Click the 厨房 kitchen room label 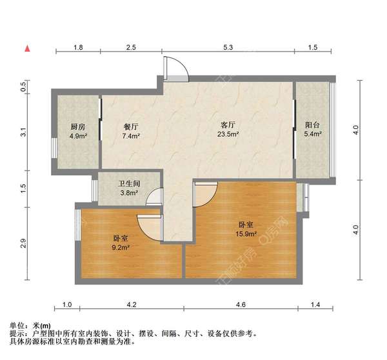click(x=77, y=126)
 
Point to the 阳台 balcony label click(x=313, y=125)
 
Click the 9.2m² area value click(x=121, y=246)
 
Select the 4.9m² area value click(x=77, y=135)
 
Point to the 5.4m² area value click(x=313, y=135)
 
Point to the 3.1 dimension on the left click(x=23, y=133)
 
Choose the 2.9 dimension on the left click(x=23, y=244)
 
